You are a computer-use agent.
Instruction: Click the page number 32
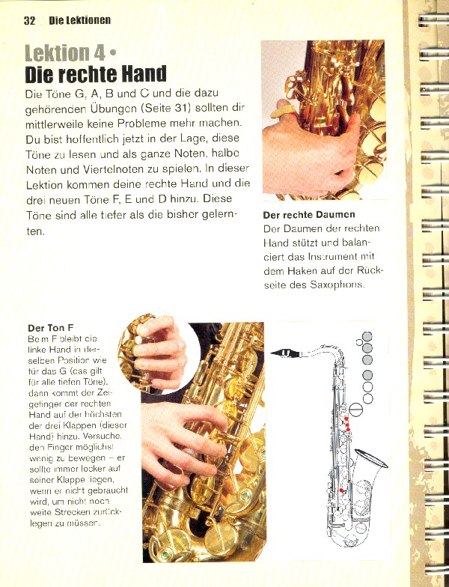29,20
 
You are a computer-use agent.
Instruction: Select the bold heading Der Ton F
50,328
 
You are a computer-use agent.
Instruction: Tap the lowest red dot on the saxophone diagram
341,490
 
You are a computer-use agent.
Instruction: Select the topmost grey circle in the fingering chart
367,336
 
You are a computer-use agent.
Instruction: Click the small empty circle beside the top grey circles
359,343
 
